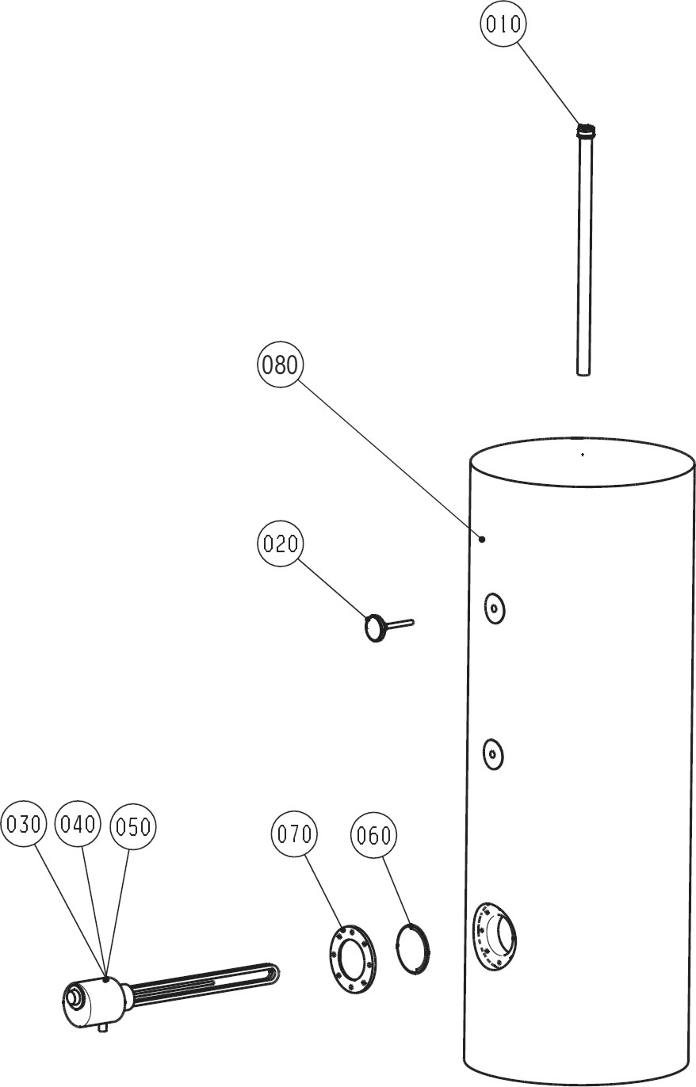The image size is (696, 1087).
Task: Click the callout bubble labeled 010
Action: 503,24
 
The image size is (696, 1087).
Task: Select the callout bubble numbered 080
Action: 281,364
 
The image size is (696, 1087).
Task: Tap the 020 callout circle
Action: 281,543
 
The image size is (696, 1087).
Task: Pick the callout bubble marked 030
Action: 24,823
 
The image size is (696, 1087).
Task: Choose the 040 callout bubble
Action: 78,823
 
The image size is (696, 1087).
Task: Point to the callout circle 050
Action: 133,826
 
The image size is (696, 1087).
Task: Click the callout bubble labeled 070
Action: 294,833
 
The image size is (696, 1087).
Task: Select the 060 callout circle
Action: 373,835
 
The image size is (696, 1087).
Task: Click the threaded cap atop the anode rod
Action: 586,131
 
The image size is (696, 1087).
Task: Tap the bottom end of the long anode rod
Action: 583,375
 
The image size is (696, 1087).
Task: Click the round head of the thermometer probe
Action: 374,628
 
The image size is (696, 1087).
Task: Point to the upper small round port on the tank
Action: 495,608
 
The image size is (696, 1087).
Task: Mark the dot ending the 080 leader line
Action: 482,539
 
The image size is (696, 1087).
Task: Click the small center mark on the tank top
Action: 583,454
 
